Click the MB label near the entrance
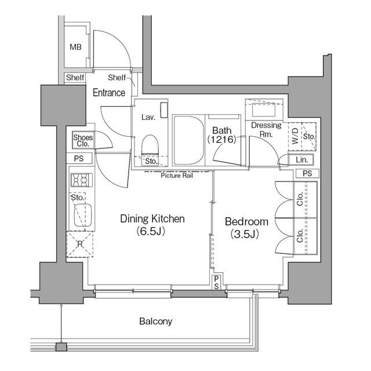[x=75, y=47]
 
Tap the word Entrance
[x=109, y=93]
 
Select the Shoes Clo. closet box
[x=83, y=140]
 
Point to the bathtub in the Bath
[x=188, y=140]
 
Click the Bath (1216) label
[x=221, y=135]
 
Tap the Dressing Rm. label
[x=266, y=130]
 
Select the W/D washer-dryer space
[x=295, y=136]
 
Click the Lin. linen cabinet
[x=301, y=160]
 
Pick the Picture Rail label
[x=177, y=176]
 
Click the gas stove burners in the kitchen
[x=82, y=180]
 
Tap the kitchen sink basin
[x=83, y=215]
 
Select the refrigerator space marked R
[x=80, y=245]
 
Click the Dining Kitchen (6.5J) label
[x=152, y=225]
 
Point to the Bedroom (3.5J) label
[x=246, y=227]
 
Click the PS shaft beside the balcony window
[x=216, y=282]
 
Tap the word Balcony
[x=155, y=321]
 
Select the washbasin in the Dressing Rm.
[x=264, y=110]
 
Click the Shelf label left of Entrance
[x=75, y=77]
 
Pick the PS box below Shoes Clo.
[x=79, y=158]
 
